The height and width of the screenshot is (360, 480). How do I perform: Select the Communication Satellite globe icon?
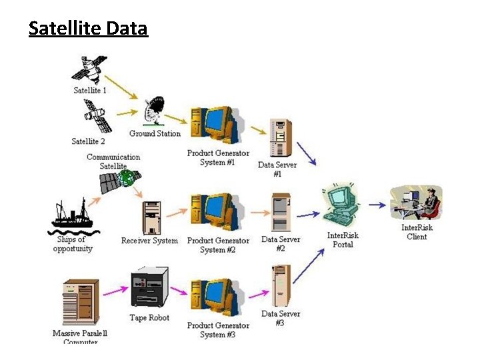pyautogui.click(x=130, y=178)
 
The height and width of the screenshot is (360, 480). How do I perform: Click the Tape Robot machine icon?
pyautogui.click(x=149, y=288)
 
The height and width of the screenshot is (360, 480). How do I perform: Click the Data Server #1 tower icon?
pyautogui.click(x=279, y=138)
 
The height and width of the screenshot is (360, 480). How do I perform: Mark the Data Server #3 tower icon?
pyautogui.click(x=280, y=285)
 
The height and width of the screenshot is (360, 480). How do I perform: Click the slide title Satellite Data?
pyautogui.click(x=88, y=29)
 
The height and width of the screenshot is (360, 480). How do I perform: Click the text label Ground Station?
pyautogui.click(x=155, y=133)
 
